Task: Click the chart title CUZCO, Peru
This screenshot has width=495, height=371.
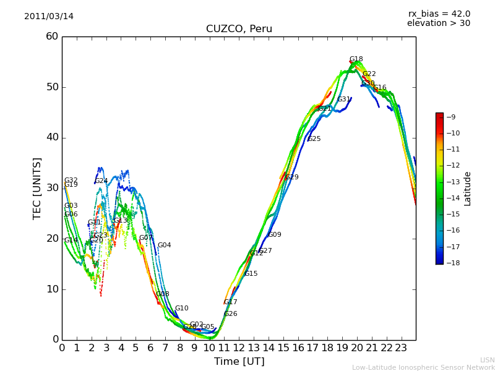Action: pos(239,29)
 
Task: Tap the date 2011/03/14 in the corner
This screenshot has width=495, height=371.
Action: pos(49,17)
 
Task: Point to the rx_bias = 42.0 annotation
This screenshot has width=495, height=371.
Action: pos(439,14)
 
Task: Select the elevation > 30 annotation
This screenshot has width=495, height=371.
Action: pos(438,23)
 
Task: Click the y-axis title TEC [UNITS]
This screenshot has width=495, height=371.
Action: pos(37,188)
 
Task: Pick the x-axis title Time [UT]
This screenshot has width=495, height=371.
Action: pos(239,361)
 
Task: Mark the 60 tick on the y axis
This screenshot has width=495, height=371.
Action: pos(52,36)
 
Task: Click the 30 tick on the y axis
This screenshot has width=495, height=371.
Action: pos(52,188)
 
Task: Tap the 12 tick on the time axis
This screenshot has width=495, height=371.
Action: pos(239,348)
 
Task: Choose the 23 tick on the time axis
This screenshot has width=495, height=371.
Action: pos(401,348)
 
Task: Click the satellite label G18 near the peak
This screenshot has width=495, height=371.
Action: pos(356,59)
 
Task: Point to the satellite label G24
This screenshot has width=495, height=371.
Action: pos(101,181)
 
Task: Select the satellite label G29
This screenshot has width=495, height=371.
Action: pos(292,177)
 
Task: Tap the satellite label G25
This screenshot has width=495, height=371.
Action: pos(314,139)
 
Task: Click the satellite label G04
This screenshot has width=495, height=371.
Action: pos(164,245)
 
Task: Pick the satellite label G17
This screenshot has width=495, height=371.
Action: pos(231,302)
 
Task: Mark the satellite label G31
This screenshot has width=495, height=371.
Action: pos(344,100)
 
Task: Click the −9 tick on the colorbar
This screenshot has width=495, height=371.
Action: pos(451,117)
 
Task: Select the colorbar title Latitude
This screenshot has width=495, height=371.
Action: pos(468,188)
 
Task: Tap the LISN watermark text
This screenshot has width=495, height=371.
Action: pos(487,360)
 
